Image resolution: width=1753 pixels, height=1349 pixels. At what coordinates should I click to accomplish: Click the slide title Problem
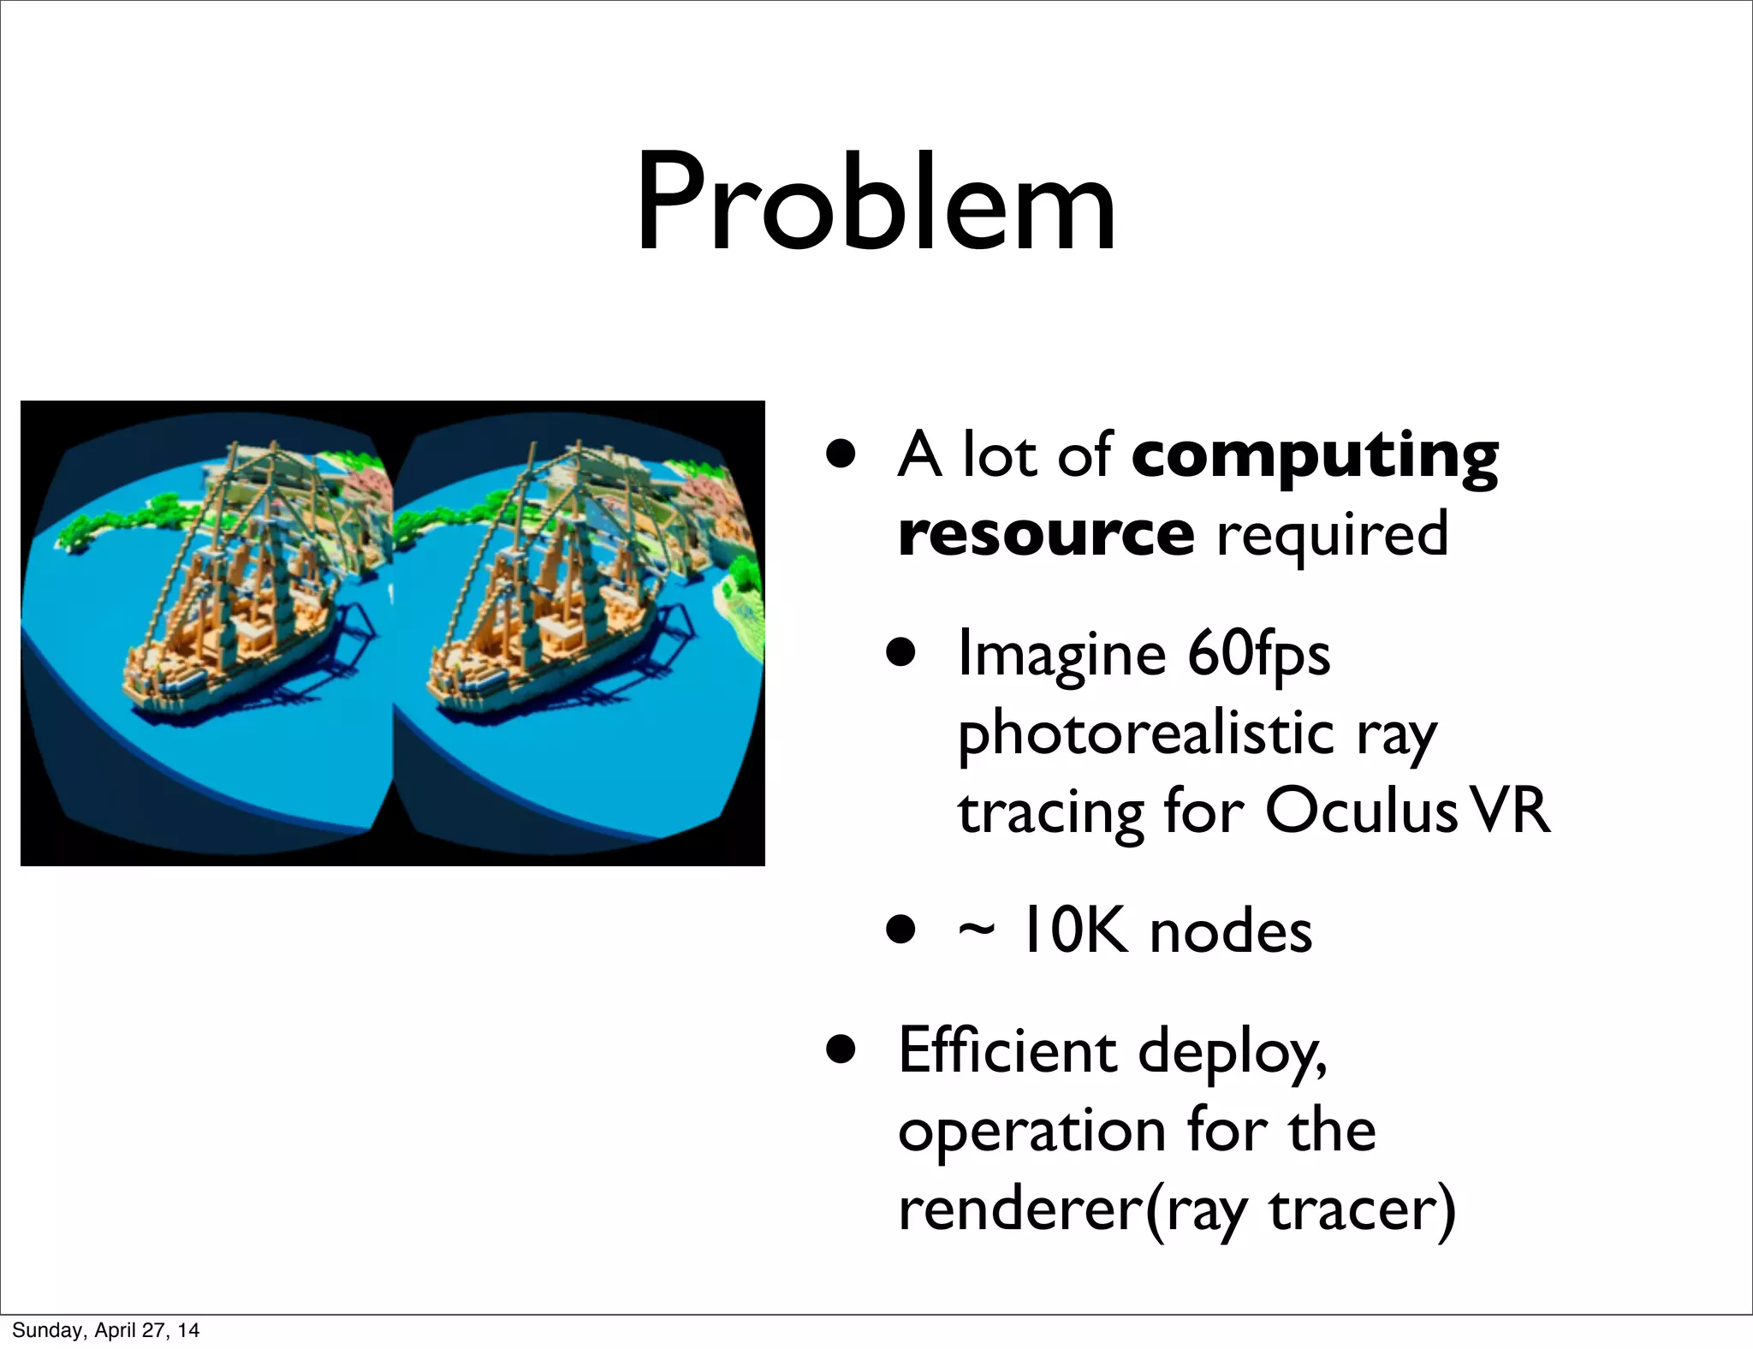pos(876,204)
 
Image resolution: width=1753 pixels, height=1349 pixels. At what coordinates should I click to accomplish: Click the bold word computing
pos(1315,457)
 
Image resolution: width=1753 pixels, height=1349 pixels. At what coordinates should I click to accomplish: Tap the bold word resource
pos(1046,534)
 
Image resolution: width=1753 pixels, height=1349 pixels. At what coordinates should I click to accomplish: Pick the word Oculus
pos(1361,811)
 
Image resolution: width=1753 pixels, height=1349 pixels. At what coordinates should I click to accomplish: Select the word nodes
pos(1231,932)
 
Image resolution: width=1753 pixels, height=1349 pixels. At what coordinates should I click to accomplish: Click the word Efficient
pos(1007,1051)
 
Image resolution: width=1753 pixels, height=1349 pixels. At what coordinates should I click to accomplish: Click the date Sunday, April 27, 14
pos(105,1329)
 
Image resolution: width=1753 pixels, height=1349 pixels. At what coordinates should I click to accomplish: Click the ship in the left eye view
pos(231,616)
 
